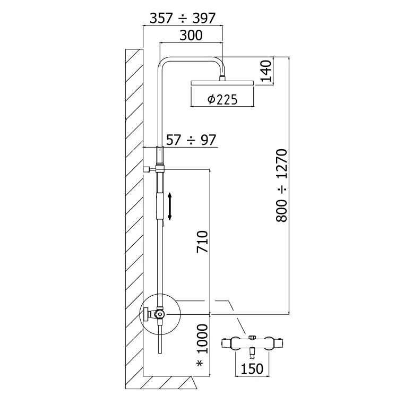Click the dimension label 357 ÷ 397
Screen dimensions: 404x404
pos(182,18)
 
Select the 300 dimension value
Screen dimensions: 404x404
pos(191,36)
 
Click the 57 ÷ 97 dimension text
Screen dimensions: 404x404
pos(191,140)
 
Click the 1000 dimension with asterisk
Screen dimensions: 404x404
pos(202,340)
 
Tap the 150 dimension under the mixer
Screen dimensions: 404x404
pos(252,368)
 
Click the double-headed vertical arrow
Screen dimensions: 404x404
pos(170,207)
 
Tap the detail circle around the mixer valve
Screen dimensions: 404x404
pos(159,313)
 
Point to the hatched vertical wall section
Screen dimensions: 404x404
pos(134,212)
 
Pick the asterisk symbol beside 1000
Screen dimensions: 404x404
pos(201,364)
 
